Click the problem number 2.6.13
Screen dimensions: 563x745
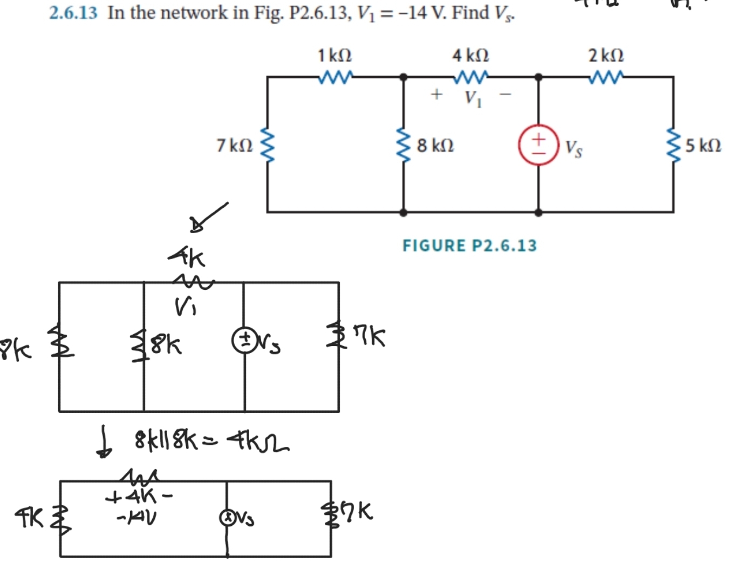pos(73,12)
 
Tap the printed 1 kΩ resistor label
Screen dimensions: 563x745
pos(334,55)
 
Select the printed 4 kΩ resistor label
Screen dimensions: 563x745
pos(470,55)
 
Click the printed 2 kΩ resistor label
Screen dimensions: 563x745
pos(606,55)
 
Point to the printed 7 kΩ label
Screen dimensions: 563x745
pos(234,145)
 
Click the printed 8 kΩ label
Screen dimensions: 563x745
pos(435,145)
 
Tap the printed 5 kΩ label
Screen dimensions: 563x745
pos(703,145)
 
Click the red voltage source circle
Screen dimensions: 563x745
pos(538,145)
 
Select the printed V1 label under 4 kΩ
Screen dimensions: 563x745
pos(473,98)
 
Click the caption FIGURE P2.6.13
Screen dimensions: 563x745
pos(469,246)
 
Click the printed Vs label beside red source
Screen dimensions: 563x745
pos(573,148)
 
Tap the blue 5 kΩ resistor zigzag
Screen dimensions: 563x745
pos(673,145)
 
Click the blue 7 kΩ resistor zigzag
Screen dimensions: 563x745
pos(268,145)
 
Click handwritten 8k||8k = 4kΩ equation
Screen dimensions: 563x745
pos(210,443)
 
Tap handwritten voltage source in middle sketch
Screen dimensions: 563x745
pos(243,341)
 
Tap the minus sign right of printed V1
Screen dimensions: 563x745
pos(505,95)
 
